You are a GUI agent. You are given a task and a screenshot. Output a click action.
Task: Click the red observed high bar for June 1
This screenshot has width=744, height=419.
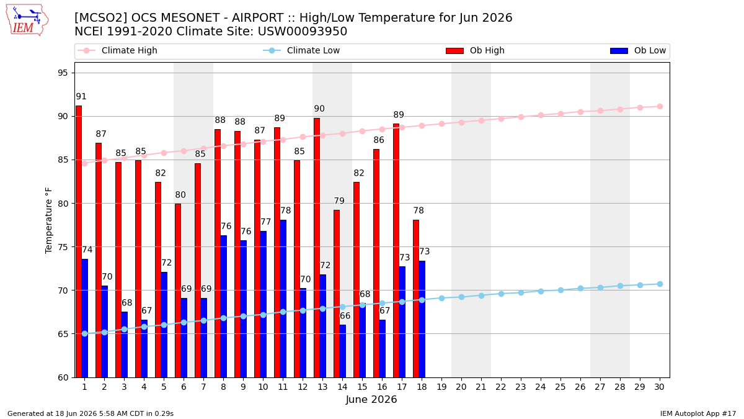[x=79, y=241]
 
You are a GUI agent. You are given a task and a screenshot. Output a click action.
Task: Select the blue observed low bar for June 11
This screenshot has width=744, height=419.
[x=283, y=299]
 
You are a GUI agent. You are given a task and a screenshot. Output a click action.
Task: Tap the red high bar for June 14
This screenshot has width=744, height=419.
[x=337, y=294]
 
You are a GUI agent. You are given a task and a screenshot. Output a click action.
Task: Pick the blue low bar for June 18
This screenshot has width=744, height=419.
[x=422, y=319]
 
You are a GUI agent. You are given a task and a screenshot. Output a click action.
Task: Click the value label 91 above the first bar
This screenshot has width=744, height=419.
[x=81, y=96]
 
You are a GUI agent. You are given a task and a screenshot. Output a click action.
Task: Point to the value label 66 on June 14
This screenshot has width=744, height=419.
[x=345, y=315]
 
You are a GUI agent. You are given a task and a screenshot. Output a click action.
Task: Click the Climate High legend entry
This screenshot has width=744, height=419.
[x=118, y=50]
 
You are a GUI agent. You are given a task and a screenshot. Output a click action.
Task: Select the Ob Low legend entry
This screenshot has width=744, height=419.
[x=638, y=50]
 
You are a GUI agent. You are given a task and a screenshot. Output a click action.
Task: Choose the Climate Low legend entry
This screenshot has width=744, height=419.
[x=301, y=50]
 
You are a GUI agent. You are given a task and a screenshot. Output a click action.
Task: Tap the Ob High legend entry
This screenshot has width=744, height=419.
[x=475, y=50]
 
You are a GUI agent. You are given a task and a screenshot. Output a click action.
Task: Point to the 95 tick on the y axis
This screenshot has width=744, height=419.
[x=63, y=73]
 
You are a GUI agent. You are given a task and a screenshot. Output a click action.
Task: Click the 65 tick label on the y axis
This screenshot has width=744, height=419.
[x=63, y=334]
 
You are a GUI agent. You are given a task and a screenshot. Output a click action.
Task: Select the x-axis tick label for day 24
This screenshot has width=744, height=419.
[x=541, y=387]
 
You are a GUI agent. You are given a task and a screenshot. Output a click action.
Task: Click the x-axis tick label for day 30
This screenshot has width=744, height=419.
[x=660, y=387]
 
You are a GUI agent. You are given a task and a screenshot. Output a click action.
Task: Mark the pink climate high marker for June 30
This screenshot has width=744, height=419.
[x=660, y=106]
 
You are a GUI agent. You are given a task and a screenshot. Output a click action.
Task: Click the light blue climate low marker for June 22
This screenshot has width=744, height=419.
[x=501, y=294]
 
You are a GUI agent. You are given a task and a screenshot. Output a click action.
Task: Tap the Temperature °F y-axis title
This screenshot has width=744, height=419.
[x=48, y=220]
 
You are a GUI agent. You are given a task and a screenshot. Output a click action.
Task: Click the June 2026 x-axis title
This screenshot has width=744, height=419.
[x=371, y=399]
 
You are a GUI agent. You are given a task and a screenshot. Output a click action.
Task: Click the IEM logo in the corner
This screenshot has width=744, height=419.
[x=27, y=20]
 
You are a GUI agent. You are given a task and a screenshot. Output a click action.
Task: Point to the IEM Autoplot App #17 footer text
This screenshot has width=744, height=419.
[x=698, y=413]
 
